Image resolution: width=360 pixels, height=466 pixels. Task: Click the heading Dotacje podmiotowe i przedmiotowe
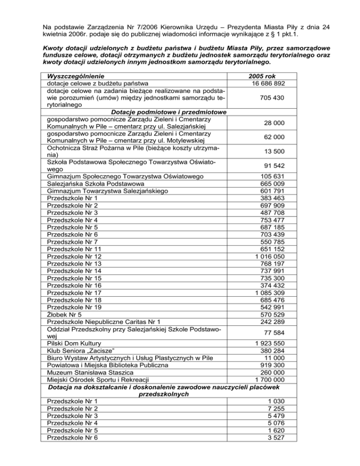(169, 113)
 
